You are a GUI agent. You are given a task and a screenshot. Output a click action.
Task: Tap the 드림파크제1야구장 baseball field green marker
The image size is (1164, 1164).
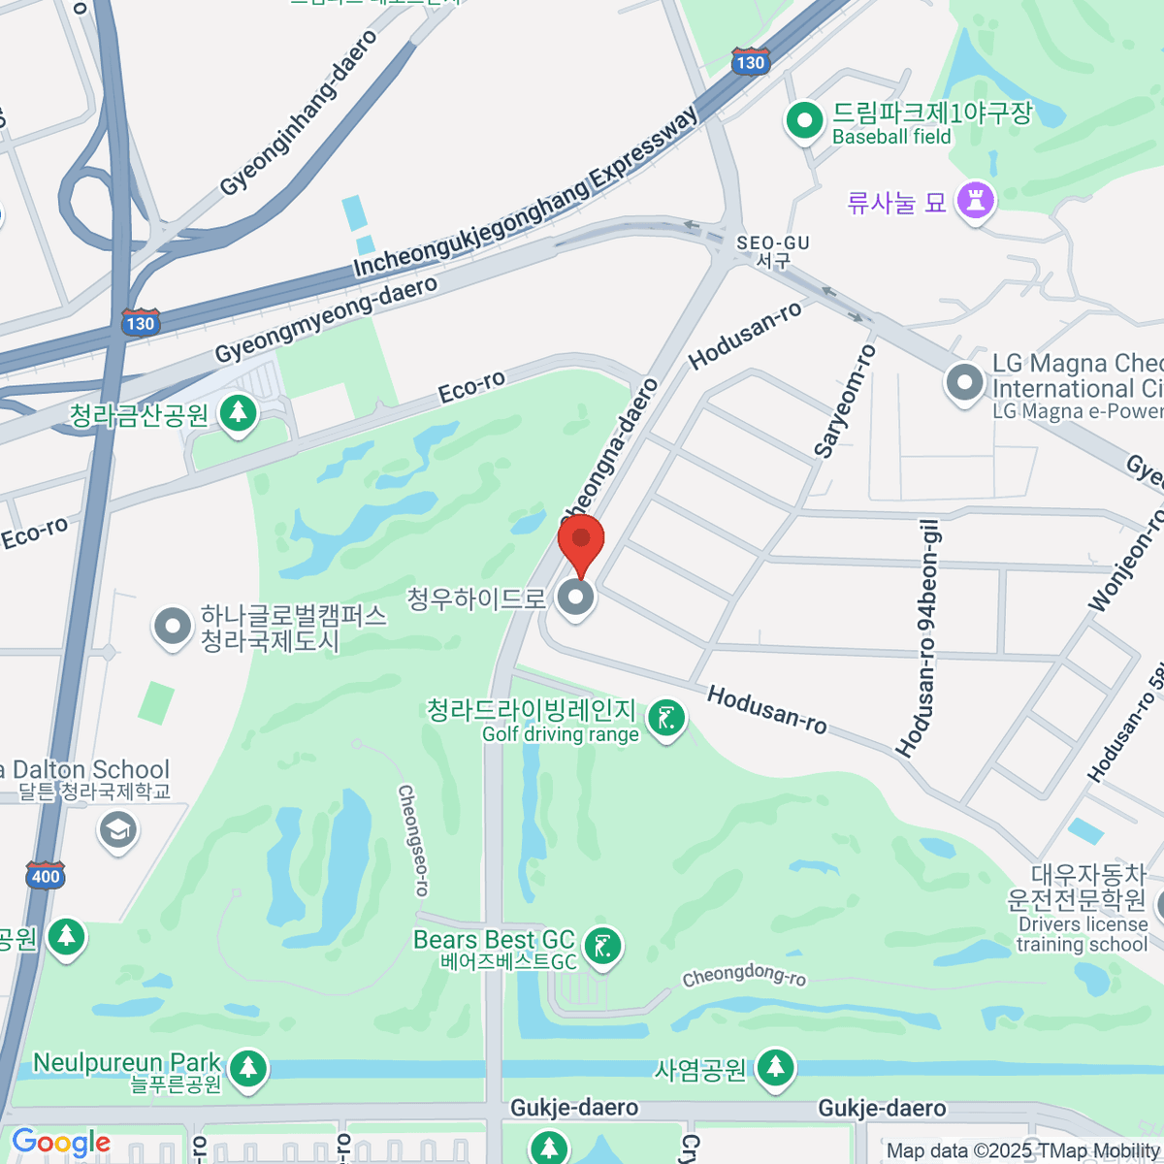(x=803, y=121)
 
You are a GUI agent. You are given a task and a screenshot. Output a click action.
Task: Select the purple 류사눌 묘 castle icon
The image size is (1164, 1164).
(x=975, y=201)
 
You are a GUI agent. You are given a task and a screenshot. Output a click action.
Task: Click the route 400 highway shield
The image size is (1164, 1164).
(x=45, y=875)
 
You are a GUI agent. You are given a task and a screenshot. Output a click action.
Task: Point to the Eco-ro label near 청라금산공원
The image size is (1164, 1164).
(x=471, y=387)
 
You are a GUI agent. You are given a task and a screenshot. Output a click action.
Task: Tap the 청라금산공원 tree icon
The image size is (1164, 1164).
(x=237, y=414)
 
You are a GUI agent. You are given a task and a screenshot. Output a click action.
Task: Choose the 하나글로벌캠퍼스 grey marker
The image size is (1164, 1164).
(x=173, y=627)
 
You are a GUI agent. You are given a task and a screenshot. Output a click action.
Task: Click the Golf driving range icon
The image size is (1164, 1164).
(x=665, y=719)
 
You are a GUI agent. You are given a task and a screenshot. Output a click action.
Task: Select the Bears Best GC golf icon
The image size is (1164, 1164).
(x=602, y=945)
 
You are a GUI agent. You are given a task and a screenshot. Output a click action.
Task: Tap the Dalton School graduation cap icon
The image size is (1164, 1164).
(x=118, y=829)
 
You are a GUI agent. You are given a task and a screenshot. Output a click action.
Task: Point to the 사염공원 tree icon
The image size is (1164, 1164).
(x=774, y=1068)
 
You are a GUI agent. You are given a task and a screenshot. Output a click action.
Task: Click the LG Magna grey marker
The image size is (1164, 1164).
(x=964, y=382)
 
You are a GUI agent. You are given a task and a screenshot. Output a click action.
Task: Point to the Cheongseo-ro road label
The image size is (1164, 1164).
(x=412, y=840)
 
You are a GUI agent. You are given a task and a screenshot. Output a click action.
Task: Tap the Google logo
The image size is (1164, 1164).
(x=61, y=1143)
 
